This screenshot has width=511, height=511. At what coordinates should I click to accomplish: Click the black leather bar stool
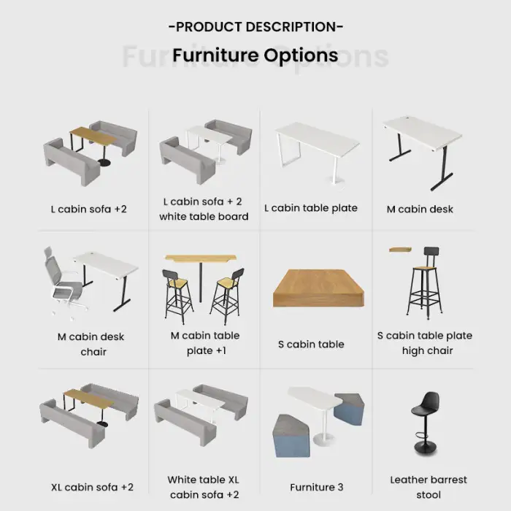[x=426, y=423]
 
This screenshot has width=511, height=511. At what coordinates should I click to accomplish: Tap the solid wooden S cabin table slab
[x=318, y=288]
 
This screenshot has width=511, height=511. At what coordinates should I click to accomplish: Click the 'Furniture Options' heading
[x=255, y=55]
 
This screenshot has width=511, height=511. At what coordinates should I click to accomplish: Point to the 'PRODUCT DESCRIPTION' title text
[x=255, y=27]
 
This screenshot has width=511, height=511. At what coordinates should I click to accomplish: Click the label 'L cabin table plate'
[x=311, y=208]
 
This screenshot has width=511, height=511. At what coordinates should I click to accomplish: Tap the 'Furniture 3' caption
[x=316, y=487]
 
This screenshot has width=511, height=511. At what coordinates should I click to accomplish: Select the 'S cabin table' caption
[x=311, y=344]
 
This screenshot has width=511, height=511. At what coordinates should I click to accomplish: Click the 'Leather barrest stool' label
[x=429, y=487]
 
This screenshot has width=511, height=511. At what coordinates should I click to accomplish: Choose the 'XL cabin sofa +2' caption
[x=92, y=487]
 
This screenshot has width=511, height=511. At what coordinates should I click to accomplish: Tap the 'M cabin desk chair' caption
[x=91, y=344]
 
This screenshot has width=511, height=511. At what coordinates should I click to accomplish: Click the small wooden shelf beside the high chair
[x=400, y=250]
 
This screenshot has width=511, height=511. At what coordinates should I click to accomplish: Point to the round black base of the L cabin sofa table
[x=104, y=163]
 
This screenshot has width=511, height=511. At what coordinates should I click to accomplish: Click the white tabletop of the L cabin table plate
[x=317, y=139]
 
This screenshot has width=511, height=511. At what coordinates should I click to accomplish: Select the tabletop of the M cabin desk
[x=423, y=133]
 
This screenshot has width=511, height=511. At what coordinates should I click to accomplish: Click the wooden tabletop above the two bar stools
[x=201, y=258]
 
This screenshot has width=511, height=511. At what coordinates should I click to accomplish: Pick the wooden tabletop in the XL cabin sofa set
[x=88, y=399]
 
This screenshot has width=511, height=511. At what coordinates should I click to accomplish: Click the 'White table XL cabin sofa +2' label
[x=204, y=487]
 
